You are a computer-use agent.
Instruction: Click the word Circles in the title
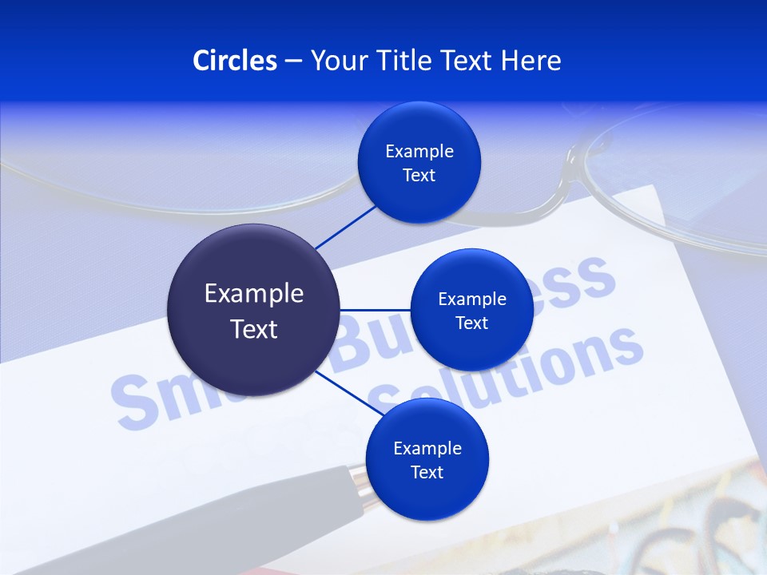point(234,61)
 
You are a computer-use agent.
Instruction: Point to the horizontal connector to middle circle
point(376,310)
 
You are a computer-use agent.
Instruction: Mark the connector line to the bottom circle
point(348,393)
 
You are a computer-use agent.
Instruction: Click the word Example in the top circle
point(419,151)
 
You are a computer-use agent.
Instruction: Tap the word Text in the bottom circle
point(427,472)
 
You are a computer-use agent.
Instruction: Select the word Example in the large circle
point(253,293)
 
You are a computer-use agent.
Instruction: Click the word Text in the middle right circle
point(471,323)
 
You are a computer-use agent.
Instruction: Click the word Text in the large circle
point(253,329)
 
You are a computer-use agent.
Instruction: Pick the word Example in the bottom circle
point(427,448)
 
